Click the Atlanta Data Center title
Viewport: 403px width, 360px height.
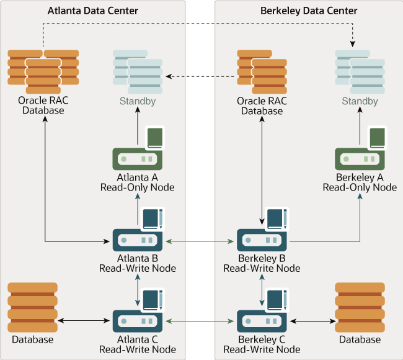pyautogui.click(x=93, y=11)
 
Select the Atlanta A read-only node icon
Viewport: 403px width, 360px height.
pyautogui.click(x=137, y=159)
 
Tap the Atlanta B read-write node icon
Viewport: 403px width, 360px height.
pyautogui.click(x=137, y=240)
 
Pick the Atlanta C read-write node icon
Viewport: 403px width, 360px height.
pyautogui.click(x=137, y=321)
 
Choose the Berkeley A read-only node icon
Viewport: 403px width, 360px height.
pyautogui.click(x=360, y=159)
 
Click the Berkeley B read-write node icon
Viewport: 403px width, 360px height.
pyautogui.click(x=262, y=240)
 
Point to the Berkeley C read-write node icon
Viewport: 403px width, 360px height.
pyautogui.click(x=262, y=321)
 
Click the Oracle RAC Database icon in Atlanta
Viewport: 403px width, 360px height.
pyautogui.click(x=43, y=68)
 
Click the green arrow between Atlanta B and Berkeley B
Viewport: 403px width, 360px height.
pyautogui.click(x=200, y=240)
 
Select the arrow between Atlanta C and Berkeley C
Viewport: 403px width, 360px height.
pyautogui.click(x=200, y=321)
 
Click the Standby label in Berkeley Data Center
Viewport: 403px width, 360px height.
pyautogui.click(x=360, y=101)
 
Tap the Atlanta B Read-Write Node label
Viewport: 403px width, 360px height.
pyautogui.click(x=137, y=264)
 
